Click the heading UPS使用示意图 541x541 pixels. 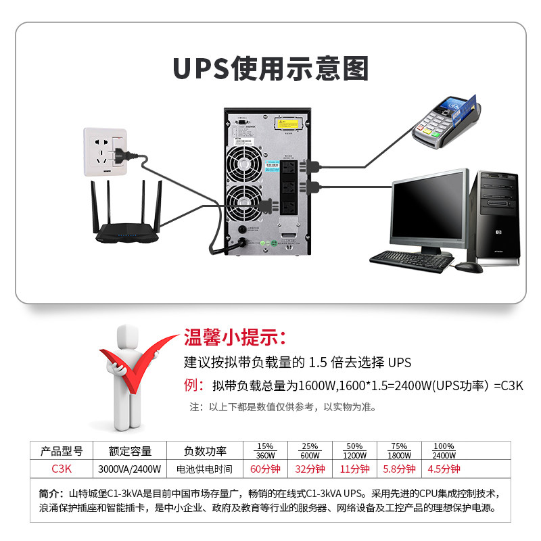[x=270, y=69]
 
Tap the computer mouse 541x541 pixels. [x=469, y=266]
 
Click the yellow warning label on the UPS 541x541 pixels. [x=291, y=125]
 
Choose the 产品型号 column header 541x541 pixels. [x=62, y=451]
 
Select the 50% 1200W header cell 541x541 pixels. [x=354, y=451]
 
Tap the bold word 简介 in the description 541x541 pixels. [x=51, y=493]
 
